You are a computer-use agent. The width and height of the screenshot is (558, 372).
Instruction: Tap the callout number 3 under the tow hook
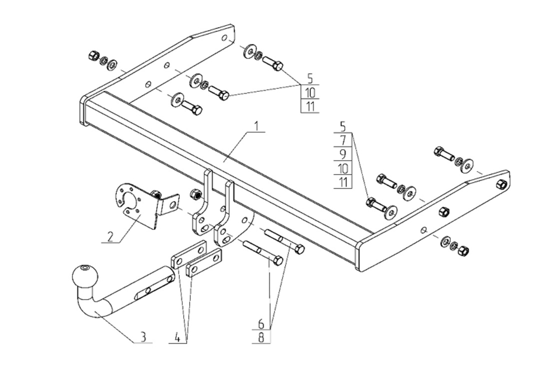(x=143, y=336)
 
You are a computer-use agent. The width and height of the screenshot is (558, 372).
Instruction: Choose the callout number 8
(x=261, y=336)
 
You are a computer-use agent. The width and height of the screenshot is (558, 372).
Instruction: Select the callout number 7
(x=343, y=140)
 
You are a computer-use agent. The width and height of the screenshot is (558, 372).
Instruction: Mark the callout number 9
(x=343, y=154)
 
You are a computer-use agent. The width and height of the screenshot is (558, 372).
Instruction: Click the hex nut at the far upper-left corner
(x=94, y=55)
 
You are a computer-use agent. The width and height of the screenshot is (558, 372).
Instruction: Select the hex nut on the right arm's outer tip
(x=501, y=184)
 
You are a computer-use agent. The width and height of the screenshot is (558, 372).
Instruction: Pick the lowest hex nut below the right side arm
(x=463, y=251)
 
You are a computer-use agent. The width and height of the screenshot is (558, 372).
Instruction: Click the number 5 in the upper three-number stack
(x=310, y=79)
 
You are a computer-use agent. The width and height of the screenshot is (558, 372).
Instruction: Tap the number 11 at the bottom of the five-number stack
(x=343, y=182)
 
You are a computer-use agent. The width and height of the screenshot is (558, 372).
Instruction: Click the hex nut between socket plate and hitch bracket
(x=196, y=194)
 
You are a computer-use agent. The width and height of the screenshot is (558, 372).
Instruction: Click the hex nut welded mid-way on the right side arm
(x=444, y=212)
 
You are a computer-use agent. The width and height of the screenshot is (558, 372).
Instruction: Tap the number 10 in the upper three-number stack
(x=310, y=92)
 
